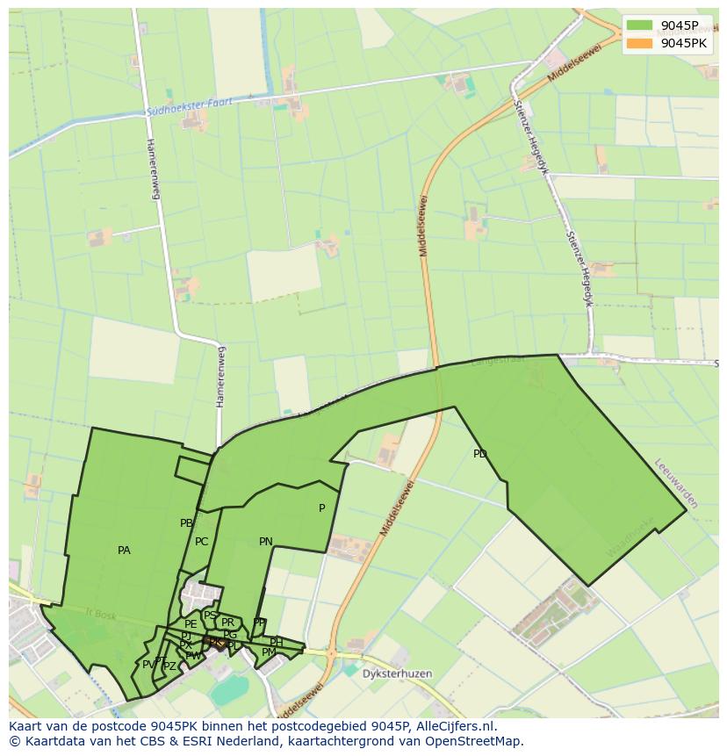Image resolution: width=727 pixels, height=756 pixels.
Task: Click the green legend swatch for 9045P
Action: (639, 25)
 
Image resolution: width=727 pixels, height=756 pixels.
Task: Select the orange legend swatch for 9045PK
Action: (639, 42)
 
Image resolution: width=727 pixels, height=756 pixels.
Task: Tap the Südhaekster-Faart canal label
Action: (190, 107)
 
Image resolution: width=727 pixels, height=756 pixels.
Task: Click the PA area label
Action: (124, 551)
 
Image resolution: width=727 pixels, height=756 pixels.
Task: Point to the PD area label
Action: (479, 454)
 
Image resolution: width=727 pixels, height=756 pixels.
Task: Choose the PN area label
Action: (265, 542)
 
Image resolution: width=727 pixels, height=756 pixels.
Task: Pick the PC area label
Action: (202, 542)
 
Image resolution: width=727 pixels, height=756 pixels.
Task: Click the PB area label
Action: (186, 523)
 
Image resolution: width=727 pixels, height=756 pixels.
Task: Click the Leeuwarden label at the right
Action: (676, 483)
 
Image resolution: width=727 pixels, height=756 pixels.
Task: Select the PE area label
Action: (191, 624)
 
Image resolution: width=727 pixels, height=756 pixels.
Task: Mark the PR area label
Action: (227, 623)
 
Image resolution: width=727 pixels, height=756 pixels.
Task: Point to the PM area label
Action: (269, 652)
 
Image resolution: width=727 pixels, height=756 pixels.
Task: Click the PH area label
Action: (276, 642)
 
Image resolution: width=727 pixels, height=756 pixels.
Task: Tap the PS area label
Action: (210, 616)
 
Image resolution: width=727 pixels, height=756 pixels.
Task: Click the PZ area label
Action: (169, 666)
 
